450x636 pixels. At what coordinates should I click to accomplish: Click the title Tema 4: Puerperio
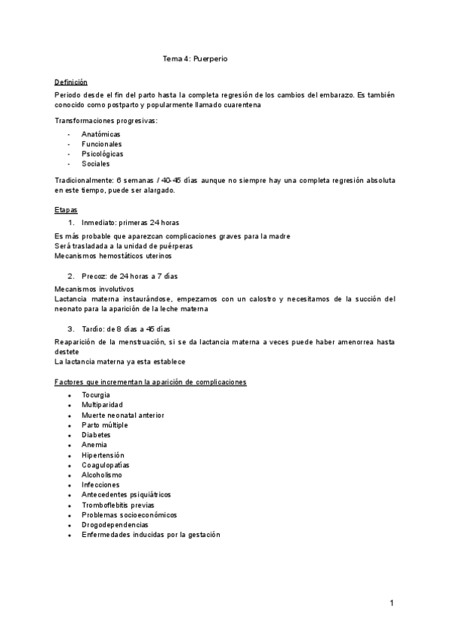[195, 58]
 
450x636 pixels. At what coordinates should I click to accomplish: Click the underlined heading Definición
[71, 82]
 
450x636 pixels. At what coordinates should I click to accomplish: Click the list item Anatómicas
[101, 134]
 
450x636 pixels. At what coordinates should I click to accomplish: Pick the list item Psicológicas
[103, 154]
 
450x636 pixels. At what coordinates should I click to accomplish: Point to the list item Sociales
[96, 163]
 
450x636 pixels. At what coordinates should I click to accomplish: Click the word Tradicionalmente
[84, 181]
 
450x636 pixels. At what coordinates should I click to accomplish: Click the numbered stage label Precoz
[94, 276]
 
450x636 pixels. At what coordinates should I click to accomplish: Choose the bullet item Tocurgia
[96, 394]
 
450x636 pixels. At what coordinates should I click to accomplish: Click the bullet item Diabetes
[96, 435]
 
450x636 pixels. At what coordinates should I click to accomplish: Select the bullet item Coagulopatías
[106, 465]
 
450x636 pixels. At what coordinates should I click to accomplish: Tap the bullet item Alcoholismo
[102, 475]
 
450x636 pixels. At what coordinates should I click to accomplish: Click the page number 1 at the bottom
[391, 603]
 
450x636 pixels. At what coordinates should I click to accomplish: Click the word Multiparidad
[103, 405]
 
